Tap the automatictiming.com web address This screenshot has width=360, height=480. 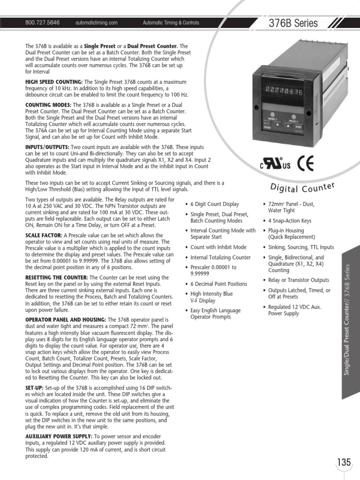click(x=96, y=22)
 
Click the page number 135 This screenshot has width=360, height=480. click(x=344, y=462)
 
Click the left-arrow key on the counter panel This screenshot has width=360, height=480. click(x=277, y=126)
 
